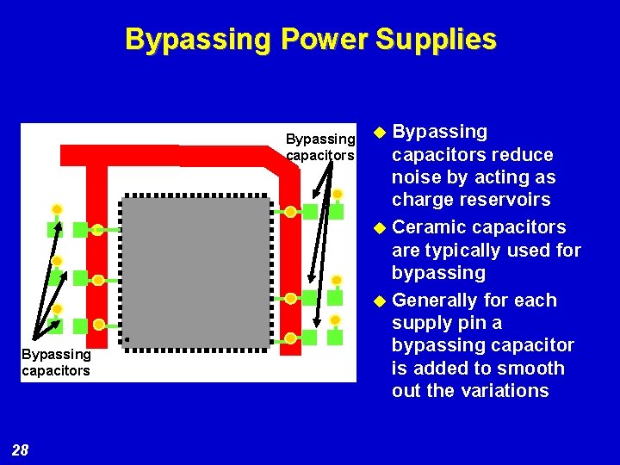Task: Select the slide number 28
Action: [21, 449]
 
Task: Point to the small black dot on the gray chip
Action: [127, 340]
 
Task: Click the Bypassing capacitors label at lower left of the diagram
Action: [56, 363]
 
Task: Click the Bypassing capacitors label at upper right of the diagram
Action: [320, 147]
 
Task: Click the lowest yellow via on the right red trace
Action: [291, 338]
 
